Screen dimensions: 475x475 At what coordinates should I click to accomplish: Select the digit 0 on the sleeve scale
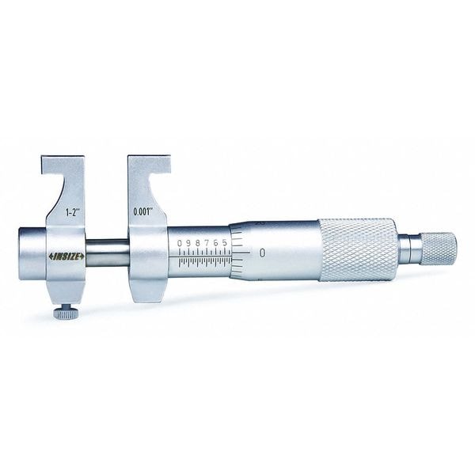[180, 241]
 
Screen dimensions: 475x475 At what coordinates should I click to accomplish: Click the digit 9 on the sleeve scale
[188, 241]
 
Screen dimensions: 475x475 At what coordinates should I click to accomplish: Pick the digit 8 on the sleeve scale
[197, 241]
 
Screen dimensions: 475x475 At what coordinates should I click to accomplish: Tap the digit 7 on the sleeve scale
[206, 241]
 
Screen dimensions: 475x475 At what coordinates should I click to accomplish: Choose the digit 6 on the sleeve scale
[215, 241]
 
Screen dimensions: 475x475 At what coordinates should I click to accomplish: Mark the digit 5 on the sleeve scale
[224, 241]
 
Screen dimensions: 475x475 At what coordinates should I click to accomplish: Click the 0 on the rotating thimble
[260, 253]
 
